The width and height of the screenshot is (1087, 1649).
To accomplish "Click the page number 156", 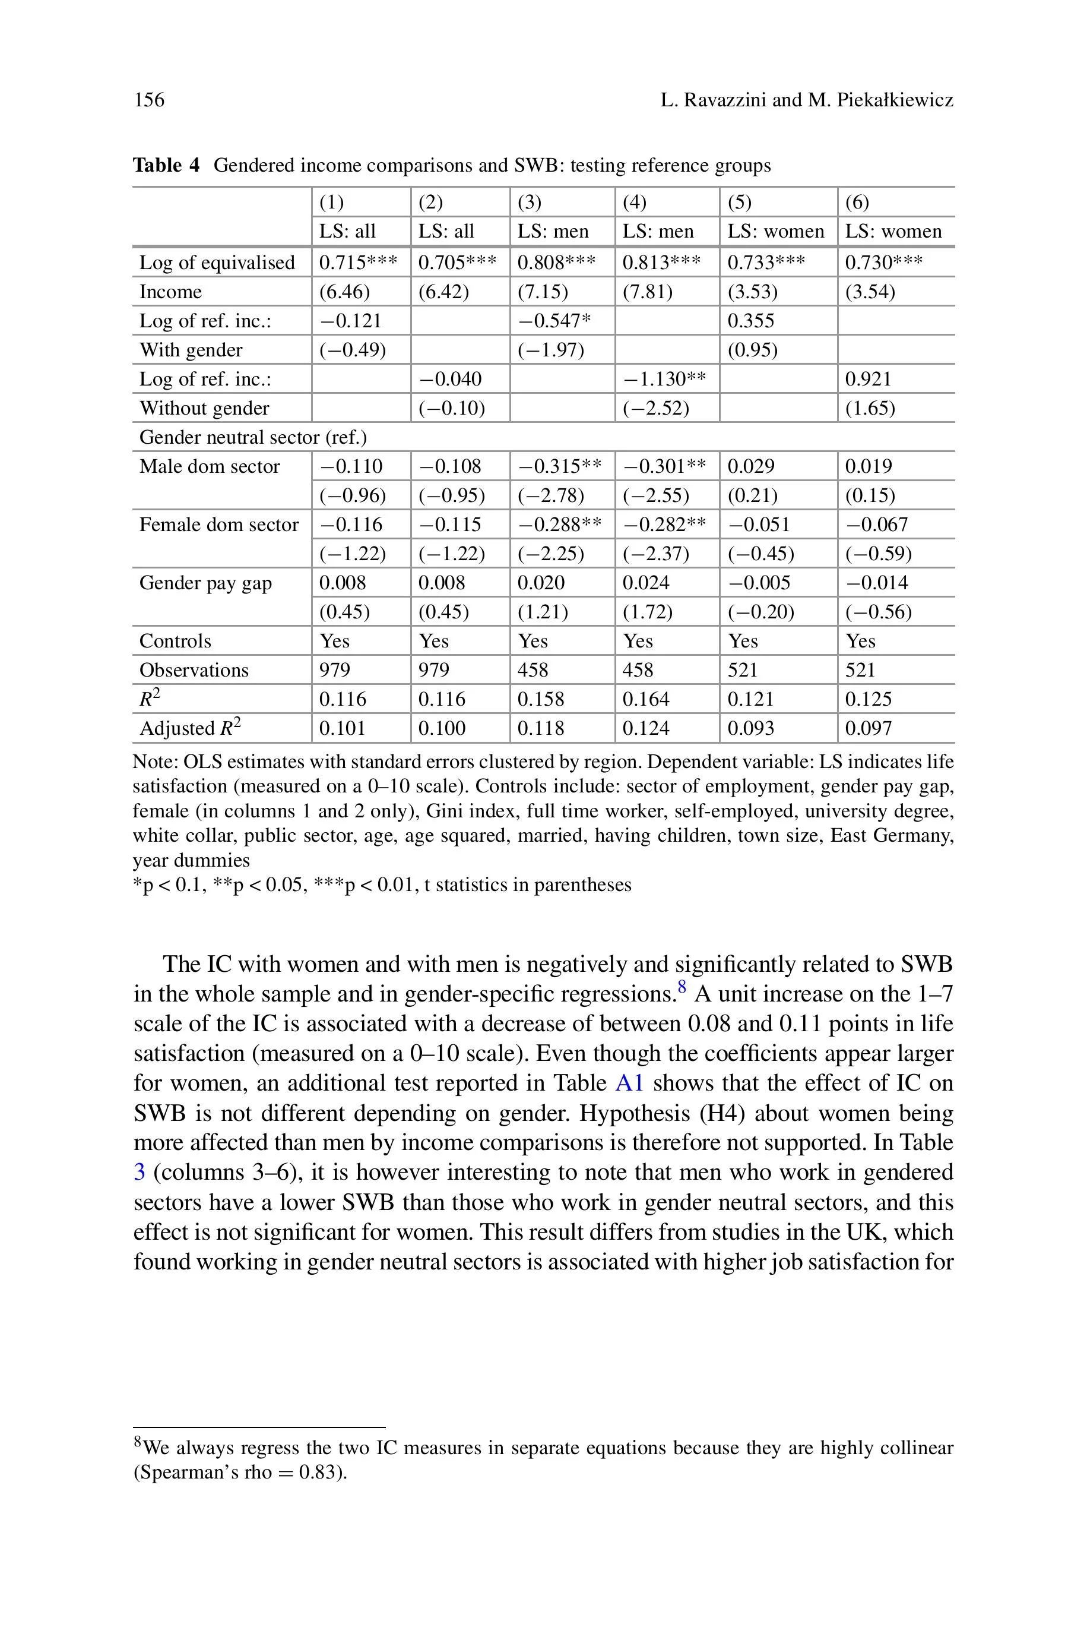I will click(x=149, y=100).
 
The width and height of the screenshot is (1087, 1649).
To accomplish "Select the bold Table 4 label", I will click(x=166, y=165).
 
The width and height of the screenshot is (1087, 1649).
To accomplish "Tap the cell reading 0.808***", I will click(x=556, y=262).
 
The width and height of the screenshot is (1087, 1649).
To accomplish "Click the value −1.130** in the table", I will click(x=664, y=378).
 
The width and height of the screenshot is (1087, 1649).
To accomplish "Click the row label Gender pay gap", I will click(x=205, y=583).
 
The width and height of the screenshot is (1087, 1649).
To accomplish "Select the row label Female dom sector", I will click(x=218, y=525).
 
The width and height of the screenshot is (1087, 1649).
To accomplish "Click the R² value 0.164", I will click(x=645, y=699).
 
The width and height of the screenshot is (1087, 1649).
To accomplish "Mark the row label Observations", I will click(x=194, y=670).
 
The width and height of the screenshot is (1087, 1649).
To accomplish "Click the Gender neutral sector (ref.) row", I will click(x=253, y=437).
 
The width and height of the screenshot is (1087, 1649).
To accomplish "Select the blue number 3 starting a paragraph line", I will click(x=140, y=1172).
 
